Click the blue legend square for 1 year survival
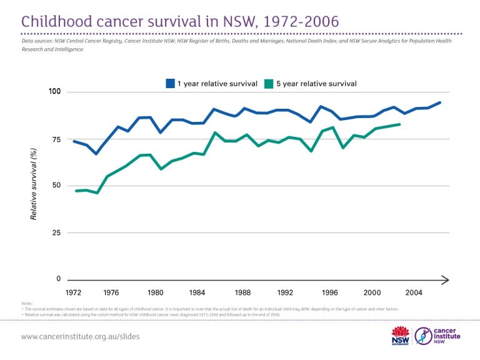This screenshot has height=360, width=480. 170,83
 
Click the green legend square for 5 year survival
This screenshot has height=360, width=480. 269,83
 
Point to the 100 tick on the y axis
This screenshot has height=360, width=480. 56,92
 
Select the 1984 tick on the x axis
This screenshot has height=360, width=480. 197,292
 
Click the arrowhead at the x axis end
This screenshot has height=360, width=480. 445,279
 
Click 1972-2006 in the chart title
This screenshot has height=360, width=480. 297,21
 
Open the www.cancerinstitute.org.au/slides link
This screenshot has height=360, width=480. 80,336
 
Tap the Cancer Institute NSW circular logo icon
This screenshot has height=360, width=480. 425,336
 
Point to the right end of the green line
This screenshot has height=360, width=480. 399,124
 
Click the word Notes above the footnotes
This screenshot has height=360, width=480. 26,304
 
